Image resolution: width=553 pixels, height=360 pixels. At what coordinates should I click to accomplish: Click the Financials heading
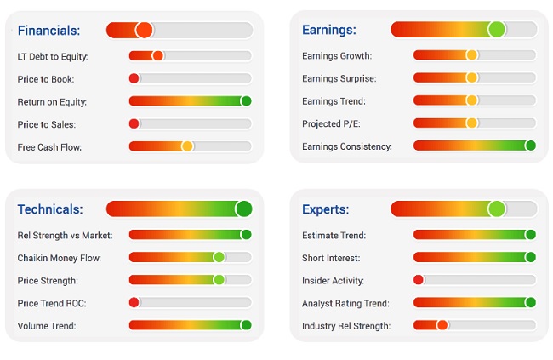pos(48,31)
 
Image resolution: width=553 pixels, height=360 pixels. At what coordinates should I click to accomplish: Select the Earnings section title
pos(328,31)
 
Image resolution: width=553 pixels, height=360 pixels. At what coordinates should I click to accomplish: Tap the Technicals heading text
pos(49,209)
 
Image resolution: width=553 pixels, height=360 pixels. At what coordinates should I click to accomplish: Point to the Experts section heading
pos(326,209)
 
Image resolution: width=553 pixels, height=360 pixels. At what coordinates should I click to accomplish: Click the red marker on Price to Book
pos(134,78)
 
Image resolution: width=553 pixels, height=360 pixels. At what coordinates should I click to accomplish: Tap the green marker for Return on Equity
pos(246,101)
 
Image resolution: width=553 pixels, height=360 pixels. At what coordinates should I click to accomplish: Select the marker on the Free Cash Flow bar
pos(187,146)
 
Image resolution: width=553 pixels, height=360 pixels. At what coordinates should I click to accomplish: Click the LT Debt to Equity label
pos(53,56)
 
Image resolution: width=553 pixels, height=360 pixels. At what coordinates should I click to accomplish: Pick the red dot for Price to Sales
pos(134,124)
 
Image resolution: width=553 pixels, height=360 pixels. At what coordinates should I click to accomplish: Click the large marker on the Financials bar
pos(144,31)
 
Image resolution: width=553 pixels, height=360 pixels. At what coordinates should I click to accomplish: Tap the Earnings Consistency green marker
pos(530,146)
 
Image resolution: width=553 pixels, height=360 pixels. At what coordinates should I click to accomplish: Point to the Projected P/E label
pos(331,123)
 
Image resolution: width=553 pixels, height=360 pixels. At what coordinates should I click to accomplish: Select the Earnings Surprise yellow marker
pos(471,78)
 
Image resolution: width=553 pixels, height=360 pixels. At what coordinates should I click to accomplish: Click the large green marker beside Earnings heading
pos(497,30)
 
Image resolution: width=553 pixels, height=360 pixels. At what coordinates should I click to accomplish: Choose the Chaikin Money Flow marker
pos(219,257)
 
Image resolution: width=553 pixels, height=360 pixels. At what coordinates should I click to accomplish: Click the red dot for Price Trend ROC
pos(134,302)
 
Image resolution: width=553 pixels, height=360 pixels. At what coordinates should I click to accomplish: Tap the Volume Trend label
pos(46,325)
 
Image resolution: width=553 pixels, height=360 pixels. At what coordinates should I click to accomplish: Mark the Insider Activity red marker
pos(419,279)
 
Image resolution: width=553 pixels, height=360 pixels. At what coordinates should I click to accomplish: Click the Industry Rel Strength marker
pos(442,325)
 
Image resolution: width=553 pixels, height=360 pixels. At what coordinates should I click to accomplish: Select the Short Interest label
pos(331,257)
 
